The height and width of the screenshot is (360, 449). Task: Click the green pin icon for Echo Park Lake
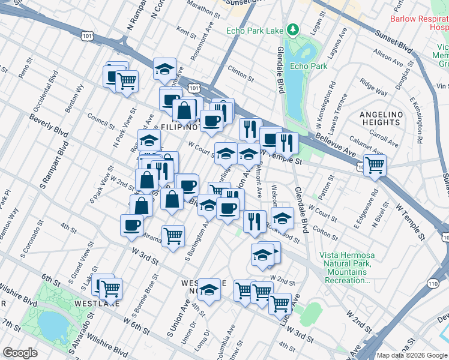(292, 28)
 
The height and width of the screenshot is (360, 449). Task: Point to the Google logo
(19, 353)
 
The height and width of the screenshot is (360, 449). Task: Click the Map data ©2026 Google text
(411, 355)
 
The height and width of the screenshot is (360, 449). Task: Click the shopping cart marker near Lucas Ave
(280, 303)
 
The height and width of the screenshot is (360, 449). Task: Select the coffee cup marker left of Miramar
(131, 225)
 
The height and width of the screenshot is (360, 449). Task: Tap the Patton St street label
(327, 181)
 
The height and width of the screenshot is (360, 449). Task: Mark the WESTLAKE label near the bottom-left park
(74, 304)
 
